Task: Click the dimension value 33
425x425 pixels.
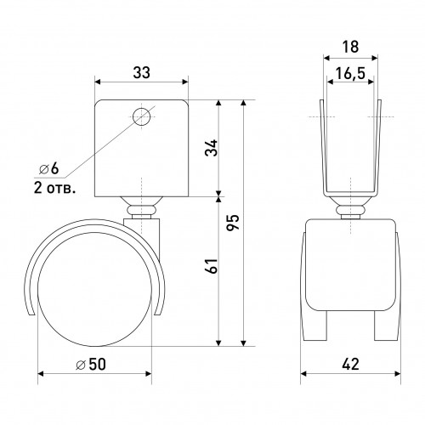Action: [142, 73]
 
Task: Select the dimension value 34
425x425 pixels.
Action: [212, 148]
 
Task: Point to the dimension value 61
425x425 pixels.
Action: [212, 265]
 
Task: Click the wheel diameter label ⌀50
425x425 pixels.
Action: [91, 364]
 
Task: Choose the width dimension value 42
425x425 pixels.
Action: [350, 364]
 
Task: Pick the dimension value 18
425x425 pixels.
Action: [350, 47]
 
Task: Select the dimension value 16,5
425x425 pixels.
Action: [350, 74]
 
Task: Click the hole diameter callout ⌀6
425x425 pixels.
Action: [49, 169]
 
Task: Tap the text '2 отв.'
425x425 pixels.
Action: [55, 188]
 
